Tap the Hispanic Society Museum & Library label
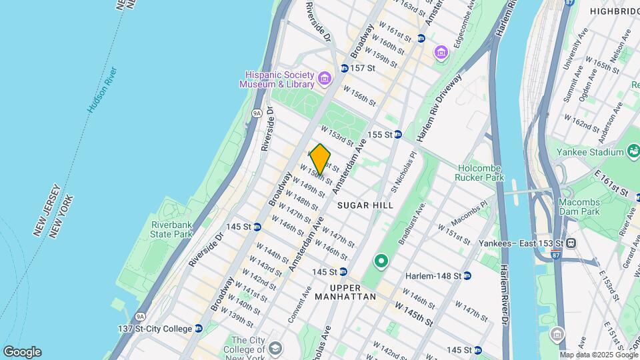pos(277,79)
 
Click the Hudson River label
pos(102,89)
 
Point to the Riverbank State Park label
pos(171,229)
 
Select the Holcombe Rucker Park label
pos(480,173)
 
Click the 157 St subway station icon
pos(345,68)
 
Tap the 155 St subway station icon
pos(398,134)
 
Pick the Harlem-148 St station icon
pos(467,275)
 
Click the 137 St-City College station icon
pos(199,329)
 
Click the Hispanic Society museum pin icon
pos(325,79)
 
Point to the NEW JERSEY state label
pos(43,210)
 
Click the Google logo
pos(22,352)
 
